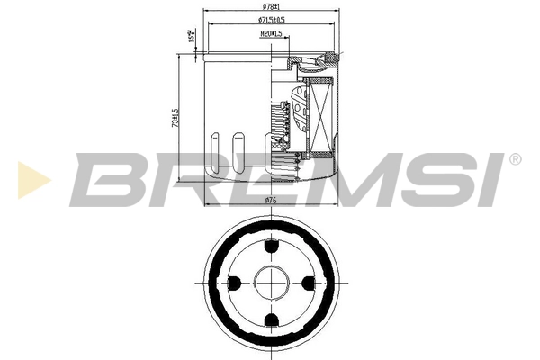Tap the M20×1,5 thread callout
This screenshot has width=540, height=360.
click(x=271, y=33)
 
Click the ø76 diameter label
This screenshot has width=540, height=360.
click(x=272, y=201)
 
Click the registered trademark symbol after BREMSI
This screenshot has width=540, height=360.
click(x=515, y=159)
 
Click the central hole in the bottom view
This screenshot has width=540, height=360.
click(x=271, y=283)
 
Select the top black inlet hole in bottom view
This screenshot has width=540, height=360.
click(x=271, y=245)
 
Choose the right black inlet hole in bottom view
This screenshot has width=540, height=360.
click(x=310, y=283)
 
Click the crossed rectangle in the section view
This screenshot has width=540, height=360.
click(x=319, y=112)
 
